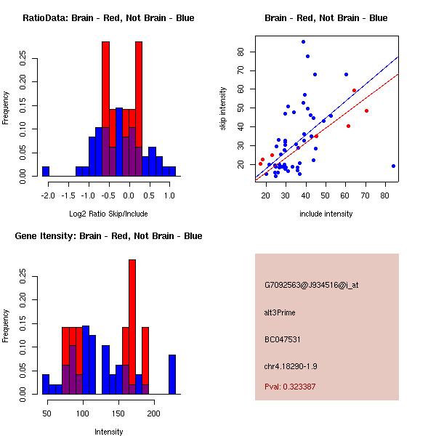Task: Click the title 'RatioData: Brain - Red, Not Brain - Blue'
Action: [x=108, y=18]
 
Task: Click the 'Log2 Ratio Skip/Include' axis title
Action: [x=108, y=214]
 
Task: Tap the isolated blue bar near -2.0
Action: [x=46, y=171]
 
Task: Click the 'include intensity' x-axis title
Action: [x=326, y=214]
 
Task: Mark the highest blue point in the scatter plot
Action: [x=303, y=41]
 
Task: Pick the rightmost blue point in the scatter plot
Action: [x=393, y=166]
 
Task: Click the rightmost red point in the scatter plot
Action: [x=366, y=110]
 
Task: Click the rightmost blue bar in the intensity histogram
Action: [x=172, y=374]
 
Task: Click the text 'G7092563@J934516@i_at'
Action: [x=311, y=285]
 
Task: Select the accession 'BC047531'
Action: [x=283, y=339]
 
